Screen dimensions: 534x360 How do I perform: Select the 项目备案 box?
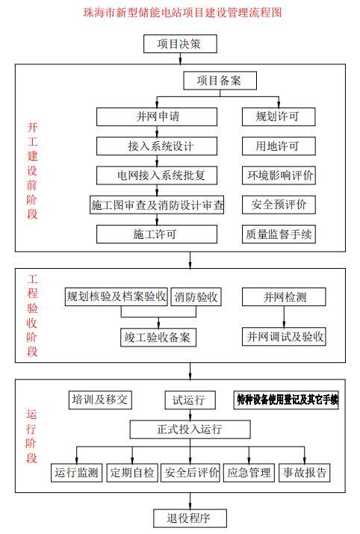pos(221,80)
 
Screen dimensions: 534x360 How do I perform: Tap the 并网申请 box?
pos(157,117)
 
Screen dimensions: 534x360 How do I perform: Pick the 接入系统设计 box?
pos(157,146)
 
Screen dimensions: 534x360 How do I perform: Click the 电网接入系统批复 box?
pos(157,176)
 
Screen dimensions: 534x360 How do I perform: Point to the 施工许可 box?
pos(157,234)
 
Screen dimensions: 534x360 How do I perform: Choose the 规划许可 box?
pos(279,117)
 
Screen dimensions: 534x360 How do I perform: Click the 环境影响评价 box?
pos(279,176)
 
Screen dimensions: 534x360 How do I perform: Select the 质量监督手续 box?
pos(279,234)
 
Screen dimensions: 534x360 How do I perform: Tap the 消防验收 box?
pos(196,297)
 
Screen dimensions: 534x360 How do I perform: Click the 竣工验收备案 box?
pos(157,337)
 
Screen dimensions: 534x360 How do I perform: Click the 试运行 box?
pos(190,400)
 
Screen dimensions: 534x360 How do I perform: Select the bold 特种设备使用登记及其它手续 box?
pos(287,400)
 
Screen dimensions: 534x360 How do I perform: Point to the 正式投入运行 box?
pos(189,430)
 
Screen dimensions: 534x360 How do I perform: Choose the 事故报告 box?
pos(304,473)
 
